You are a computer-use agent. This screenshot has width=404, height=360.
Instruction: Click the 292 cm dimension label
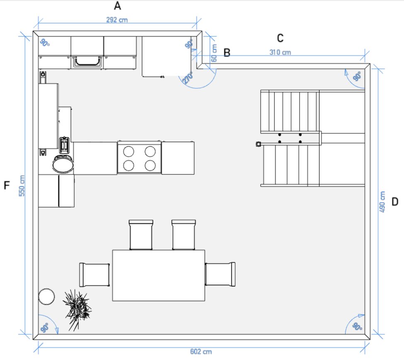point(117,20)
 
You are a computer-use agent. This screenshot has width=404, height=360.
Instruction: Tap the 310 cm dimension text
point(280,52)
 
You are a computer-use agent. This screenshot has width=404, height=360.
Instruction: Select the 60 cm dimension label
point(214,53)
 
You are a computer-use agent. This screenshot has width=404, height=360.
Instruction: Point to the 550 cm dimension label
point(22,186)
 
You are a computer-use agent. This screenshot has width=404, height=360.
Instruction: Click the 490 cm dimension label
point(382,202)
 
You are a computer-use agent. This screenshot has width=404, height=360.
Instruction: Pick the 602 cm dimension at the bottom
point(201,351)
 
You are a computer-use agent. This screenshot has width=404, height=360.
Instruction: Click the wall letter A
point(118,6)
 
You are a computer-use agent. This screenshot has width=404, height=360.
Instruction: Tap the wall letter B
point(227,53)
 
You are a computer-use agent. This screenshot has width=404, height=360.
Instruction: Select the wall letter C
point(280,38)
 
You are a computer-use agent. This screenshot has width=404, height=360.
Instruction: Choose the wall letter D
point(395,202)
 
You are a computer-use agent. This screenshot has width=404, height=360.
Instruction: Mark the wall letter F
point(7,185)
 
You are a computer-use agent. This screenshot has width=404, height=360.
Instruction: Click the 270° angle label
point(188,78)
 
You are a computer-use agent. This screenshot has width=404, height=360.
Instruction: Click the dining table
point(159,275)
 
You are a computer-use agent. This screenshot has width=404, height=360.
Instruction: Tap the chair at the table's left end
point(94,275)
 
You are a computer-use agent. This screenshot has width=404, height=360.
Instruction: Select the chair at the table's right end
point(220,274)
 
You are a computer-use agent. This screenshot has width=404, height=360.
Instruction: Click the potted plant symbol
point(77,309)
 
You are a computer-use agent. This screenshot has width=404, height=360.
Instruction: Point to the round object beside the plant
point(46,297)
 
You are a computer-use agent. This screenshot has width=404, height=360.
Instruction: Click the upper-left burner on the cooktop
point(128,152)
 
